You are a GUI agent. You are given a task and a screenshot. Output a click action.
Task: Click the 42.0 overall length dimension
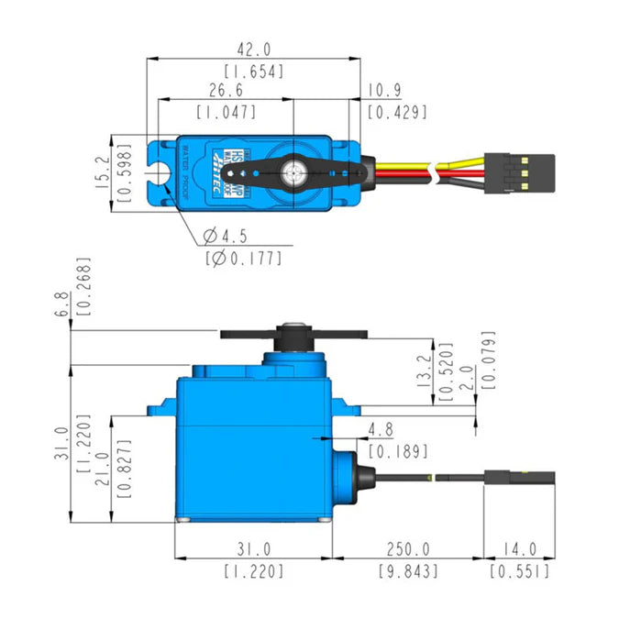point(253,49)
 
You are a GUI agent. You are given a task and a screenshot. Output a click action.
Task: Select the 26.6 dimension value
point(226,91)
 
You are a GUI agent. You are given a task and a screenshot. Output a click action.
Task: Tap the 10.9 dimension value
point(385,91)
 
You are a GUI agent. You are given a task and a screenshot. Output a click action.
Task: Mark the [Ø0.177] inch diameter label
point(242,258)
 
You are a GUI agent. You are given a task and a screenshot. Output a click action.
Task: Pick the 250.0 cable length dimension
point(407,549)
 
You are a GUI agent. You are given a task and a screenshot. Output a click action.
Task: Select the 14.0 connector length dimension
point(519,549)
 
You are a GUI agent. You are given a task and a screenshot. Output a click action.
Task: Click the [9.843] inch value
point(407,571)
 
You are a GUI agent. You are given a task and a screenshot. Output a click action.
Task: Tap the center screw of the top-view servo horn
point(294,171)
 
